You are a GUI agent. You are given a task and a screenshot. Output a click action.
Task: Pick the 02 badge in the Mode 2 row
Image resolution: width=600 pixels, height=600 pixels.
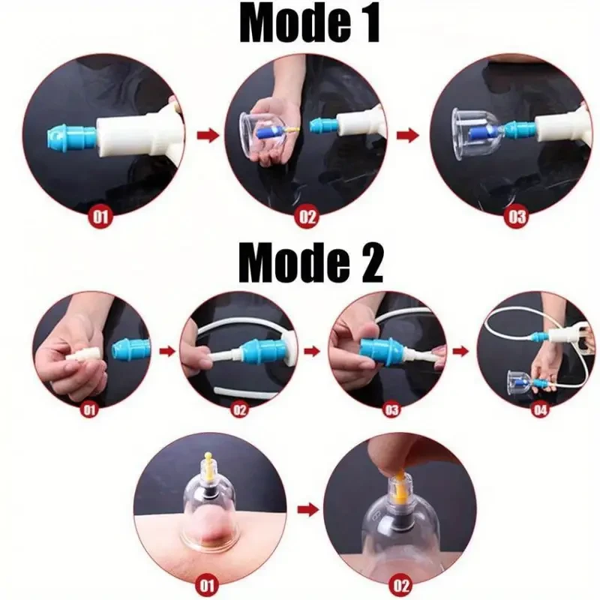tap(239, 410)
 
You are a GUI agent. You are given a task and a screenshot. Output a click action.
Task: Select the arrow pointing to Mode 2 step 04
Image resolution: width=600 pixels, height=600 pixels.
tap(458, 349)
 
